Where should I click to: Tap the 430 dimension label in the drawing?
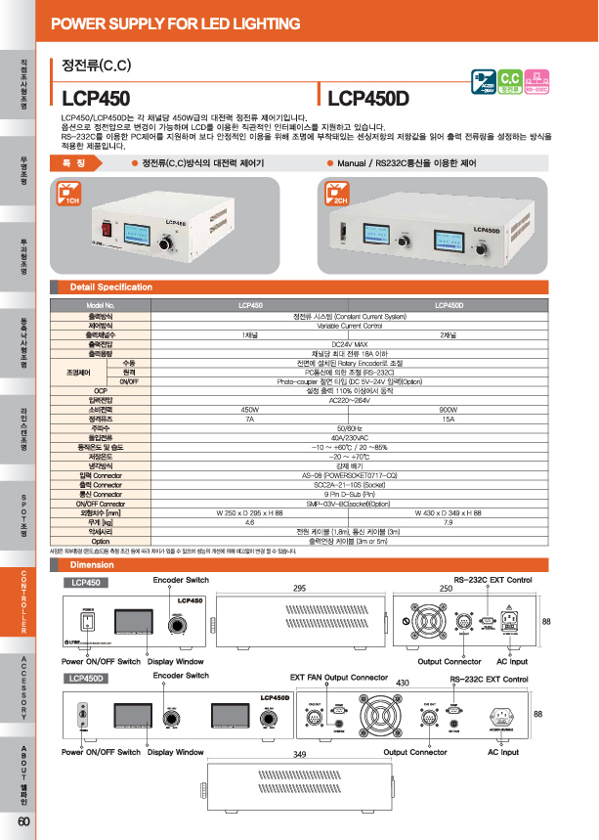[x=401, y=682]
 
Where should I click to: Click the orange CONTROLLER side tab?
[x=23, y=603]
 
